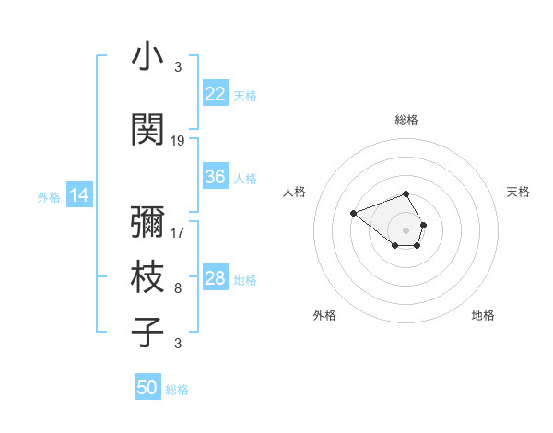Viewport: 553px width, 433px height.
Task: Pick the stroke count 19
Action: (178, 141)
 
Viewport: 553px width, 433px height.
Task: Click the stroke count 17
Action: (178, 233)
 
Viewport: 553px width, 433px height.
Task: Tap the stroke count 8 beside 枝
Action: (178, 288)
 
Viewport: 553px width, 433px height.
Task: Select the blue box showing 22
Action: (216, 94)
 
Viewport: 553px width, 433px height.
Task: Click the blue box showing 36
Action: (216, 177)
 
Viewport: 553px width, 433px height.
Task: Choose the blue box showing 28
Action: (216, 278)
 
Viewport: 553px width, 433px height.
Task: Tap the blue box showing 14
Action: (79, 195)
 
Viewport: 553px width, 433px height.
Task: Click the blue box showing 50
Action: (147, 388)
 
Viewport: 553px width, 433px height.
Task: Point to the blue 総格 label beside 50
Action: (177, 390)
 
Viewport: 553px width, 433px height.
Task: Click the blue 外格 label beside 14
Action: (49, 196)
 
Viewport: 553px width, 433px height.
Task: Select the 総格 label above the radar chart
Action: (406, 120)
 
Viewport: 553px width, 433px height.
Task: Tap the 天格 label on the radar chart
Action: (518, 192)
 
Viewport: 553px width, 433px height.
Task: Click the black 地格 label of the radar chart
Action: (483, 315)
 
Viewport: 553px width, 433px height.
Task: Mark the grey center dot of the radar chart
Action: (406, 229)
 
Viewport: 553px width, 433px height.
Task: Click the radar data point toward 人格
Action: (353, 214)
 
